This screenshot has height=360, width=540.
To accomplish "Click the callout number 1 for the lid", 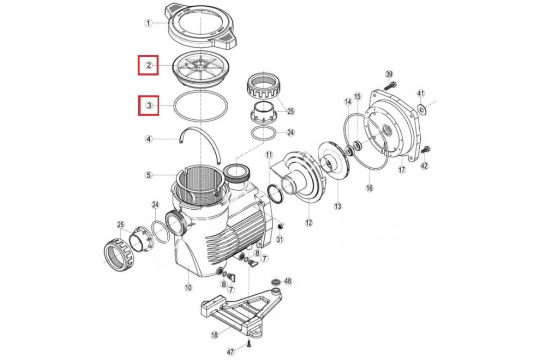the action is [x=148, y=23].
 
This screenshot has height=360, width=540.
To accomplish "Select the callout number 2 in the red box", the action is [x=148, y=65].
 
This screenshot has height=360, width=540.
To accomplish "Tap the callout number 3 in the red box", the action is [x=149, y=106].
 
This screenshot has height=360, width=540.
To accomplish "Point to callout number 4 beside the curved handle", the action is [x=148, y=139].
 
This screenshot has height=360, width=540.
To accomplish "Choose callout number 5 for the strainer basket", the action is [x=148, y=175].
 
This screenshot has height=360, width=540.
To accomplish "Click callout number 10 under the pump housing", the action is [x=188, y=288].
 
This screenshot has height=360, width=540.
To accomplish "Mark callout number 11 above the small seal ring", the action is [x=269, y=155].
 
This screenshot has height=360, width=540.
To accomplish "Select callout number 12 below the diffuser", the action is [x=309, y=223].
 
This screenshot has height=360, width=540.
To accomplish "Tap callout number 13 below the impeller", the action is [x=338, y=206].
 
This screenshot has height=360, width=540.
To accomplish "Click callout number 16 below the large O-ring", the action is [x=369, y=188].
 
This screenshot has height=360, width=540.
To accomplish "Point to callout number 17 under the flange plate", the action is [x=402, y=170].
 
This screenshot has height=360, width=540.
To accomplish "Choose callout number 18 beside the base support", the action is [x=214, y=335].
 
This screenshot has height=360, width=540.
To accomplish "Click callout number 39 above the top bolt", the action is [x=389, y=75].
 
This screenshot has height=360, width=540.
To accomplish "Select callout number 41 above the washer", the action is [x=421, y=93].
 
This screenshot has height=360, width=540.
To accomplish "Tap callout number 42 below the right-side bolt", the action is [x=424, y=166].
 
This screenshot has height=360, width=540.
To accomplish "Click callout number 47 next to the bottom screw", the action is [x=231, y=352].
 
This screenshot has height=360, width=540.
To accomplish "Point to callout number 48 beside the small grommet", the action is [x=288, y=281].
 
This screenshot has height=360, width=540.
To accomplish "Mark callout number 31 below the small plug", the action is [x=280, y=240].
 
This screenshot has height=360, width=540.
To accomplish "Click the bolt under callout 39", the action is [x=390, y=86].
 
